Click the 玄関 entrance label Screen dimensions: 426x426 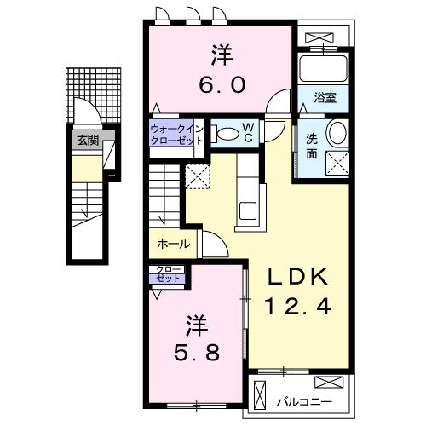(x=87, y=141)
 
